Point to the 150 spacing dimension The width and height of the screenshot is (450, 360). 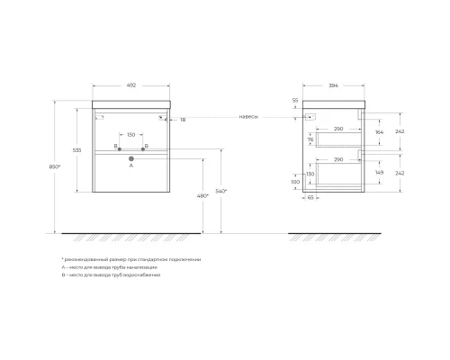(x=130, y=136)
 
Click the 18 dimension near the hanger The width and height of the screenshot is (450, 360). (x=184, y=119)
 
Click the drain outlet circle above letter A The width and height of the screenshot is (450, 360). (x=130, y=158)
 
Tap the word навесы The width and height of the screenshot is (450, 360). (x=249, y=116)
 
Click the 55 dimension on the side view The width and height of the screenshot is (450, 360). (x=294, y=102)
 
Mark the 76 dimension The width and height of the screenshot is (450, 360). (x=310, y=139)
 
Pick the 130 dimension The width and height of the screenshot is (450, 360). (x=310, y=174)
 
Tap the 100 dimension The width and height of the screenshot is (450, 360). (x=294, y=182)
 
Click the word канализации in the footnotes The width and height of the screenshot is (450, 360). (x=142, y=267)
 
